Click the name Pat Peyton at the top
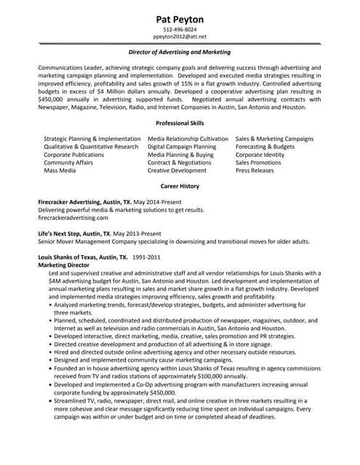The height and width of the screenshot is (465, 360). [x=180, y=18]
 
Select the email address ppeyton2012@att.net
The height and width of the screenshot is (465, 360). [x=180, y=36]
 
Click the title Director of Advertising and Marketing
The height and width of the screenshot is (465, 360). [x=180, y=52]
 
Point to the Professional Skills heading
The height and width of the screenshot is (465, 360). [x=180, y=123]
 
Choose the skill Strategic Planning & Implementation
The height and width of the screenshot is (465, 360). [x=92, y=138]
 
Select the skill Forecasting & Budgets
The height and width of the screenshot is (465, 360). [x=265, y=146]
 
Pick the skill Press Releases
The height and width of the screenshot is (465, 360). [x=254, y=170]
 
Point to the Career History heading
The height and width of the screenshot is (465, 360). [x=180, y=186]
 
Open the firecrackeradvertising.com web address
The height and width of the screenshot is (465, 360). [x=73, y=217]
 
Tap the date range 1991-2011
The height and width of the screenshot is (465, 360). [x=147, y=257]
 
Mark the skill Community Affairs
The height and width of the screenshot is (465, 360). [x=68, y=162]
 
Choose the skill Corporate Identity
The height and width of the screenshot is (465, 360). [x=260, y=154]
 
